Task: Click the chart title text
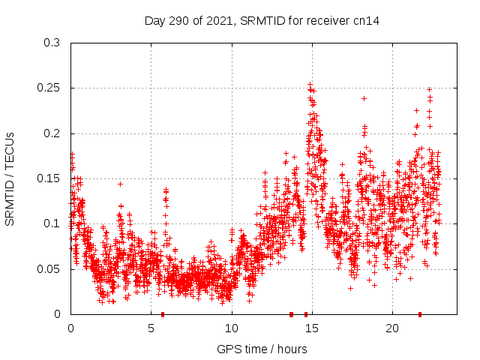click(262, 21)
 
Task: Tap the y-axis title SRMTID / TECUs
click(10, 178)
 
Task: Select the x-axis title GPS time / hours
click(262, 349)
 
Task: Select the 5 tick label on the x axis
click(151, 328)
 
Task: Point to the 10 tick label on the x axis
click(232, 328)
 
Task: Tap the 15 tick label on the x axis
click(312, 328)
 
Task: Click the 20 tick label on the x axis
click(392, 328)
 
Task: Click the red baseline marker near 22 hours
click(420, 313)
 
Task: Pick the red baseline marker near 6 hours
click(163, 313)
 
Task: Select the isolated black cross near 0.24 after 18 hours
click(364, 98)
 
